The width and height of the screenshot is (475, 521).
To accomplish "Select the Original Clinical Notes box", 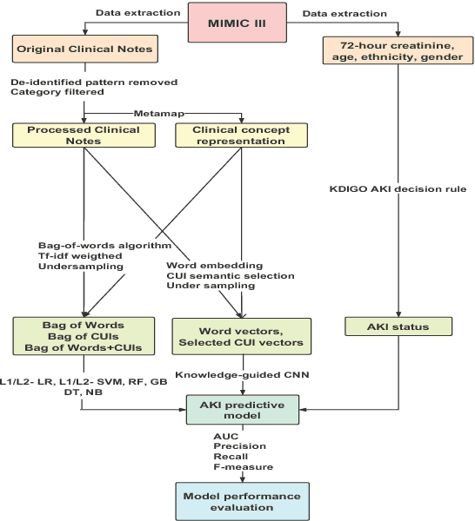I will coord(84,49).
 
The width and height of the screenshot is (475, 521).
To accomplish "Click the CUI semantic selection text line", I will coord(230,275).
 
